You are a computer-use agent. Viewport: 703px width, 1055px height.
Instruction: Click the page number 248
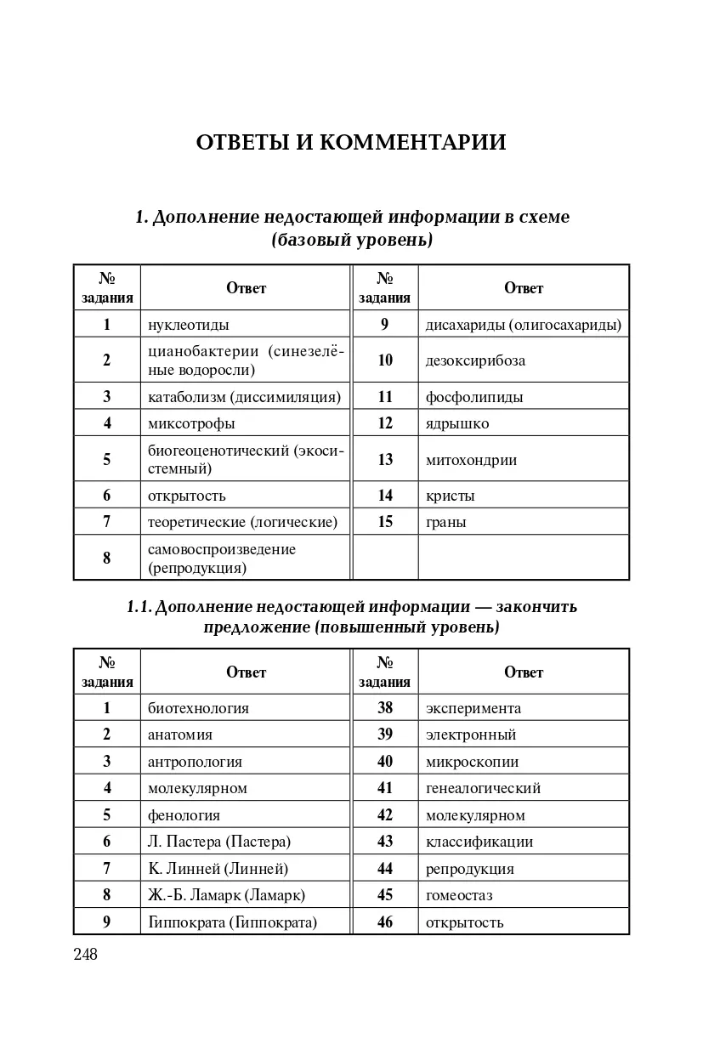pyautogui.click(x=86, y=955)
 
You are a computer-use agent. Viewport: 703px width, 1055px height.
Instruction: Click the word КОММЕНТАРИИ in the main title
pyautogui.click(x=412, y=142)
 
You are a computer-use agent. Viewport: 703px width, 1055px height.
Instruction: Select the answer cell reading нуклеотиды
pyautogui.click(x=189, y=324)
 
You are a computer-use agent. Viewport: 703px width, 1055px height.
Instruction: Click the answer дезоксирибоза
pyautogui.click(x=475, y=360)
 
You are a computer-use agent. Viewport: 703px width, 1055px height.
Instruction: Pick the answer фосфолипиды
pyautogui.click(x=474, y=397)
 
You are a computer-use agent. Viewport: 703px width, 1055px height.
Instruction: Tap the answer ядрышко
pyautogui.click(x=457, y=423)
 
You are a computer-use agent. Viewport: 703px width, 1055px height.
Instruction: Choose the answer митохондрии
pyautogui.click(x=471, y=459)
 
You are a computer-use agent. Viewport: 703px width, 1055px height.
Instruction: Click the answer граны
pyautogui.click(x=446, y=522)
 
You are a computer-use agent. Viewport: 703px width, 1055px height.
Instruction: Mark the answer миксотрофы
pyautogui.click(x=191, y=423)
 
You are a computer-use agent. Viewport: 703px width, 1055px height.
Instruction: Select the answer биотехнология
pyautogui.click(x=198, y=708)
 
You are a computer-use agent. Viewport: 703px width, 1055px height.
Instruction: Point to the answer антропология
pyautogui.click(x=195, y=762)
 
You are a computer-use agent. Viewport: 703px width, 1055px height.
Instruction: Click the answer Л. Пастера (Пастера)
pyautogui.click(x=219, y=842)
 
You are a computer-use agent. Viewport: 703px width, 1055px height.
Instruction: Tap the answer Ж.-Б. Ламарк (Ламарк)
pyautogui.click(x=226, y=895)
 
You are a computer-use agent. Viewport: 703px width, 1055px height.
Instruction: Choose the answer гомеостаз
pyautogui.click(x=459, y=895)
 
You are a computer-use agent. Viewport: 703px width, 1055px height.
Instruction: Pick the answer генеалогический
pyautogui.click(x=483, y=788)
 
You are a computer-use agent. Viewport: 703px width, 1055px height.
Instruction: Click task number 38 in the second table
pyautogui.click(x=385, y=708)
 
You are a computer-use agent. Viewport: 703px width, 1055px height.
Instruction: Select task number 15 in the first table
pyautogui.click(x=385, y=522)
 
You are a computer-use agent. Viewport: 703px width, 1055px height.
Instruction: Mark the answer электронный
pyautogui.click(x=471, y=735)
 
